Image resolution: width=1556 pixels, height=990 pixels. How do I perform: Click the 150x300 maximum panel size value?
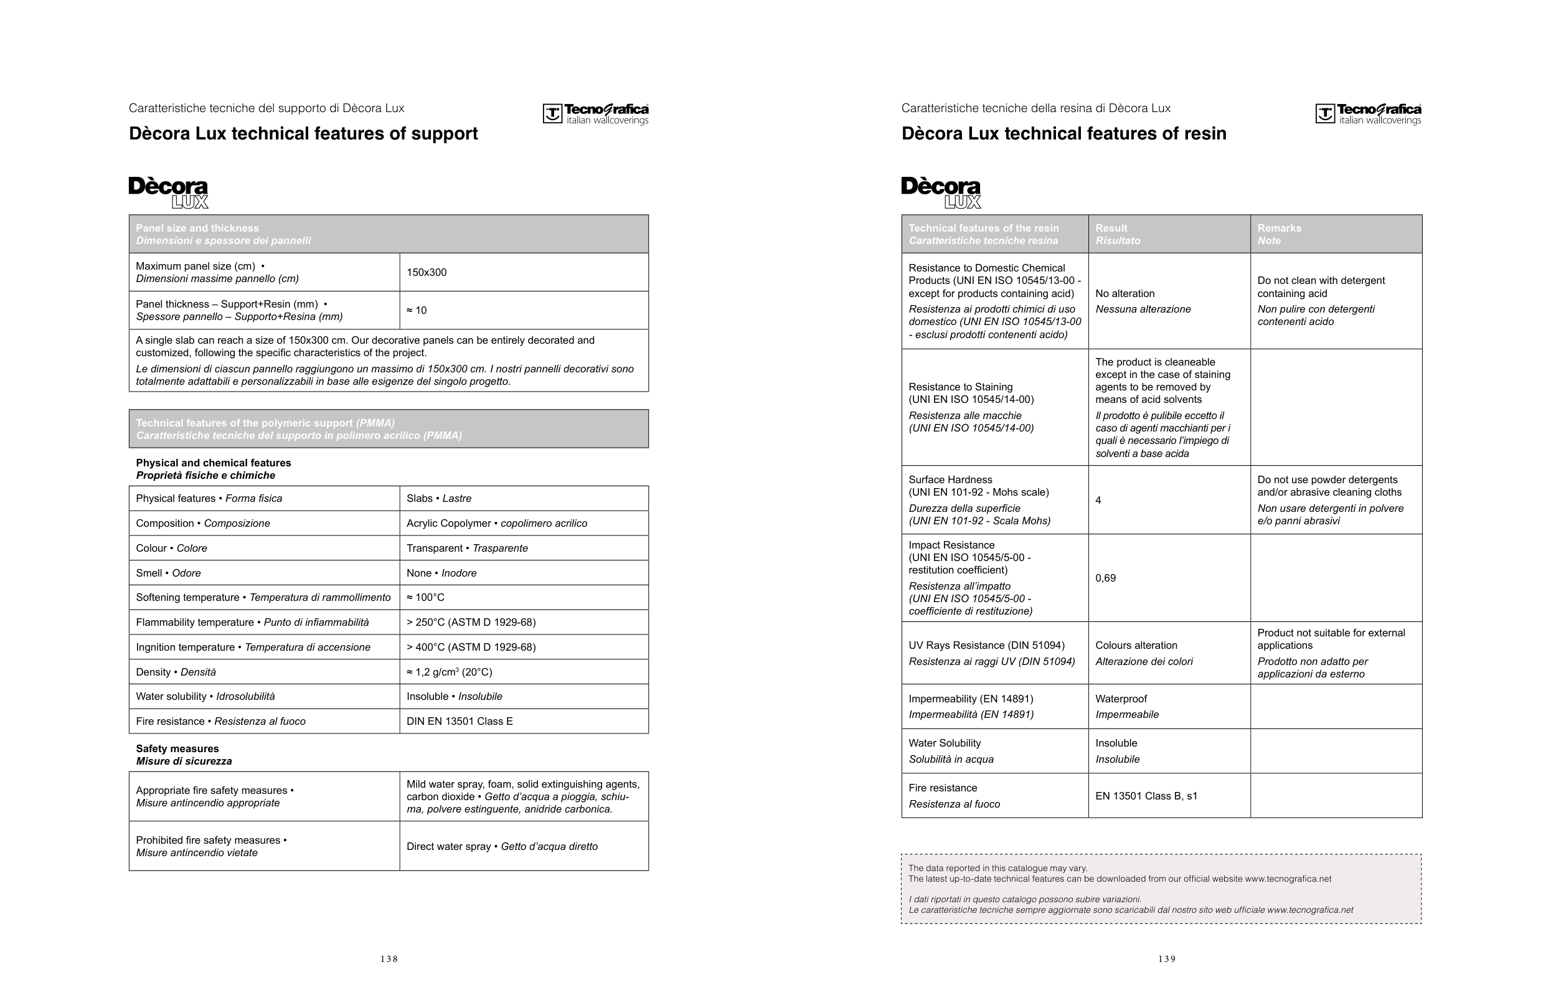tap(427, 272)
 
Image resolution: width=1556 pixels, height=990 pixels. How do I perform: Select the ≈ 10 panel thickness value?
tap(417, 310)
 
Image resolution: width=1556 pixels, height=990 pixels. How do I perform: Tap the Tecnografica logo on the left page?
tap(595, 114)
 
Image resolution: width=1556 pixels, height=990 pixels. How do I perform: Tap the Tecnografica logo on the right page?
tap(1368, 114)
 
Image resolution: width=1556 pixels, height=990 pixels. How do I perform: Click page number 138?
tap(389, 959)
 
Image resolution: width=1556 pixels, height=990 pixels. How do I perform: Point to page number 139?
tap(1166, 959)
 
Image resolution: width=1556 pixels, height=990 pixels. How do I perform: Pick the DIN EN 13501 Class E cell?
tap(460, 721)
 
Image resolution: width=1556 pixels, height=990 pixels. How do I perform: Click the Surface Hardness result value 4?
tap(1098, 500)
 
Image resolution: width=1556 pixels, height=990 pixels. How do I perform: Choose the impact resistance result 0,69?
tap(1105, 578)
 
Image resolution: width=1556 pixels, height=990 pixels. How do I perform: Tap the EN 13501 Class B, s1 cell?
tap(1146, 796)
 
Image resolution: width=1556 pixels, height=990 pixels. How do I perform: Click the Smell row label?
tap(168, 573)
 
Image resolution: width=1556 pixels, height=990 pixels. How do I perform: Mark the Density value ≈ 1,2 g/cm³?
tap(449, 672)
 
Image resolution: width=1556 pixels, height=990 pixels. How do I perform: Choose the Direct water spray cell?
tap(501, 846)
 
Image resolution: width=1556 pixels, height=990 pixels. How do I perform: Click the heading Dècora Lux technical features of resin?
tap(1063, 134)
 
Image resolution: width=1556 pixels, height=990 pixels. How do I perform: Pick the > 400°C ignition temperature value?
tap(471, 647)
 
